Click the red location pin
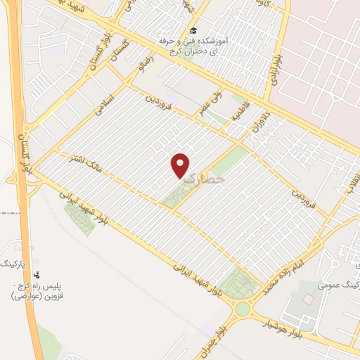click(x=181, y=164)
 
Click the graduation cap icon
click(x=192, y=31)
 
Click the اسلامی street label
click(x=112, y=105)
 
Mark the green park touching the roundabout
click(x=242, y=282)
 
